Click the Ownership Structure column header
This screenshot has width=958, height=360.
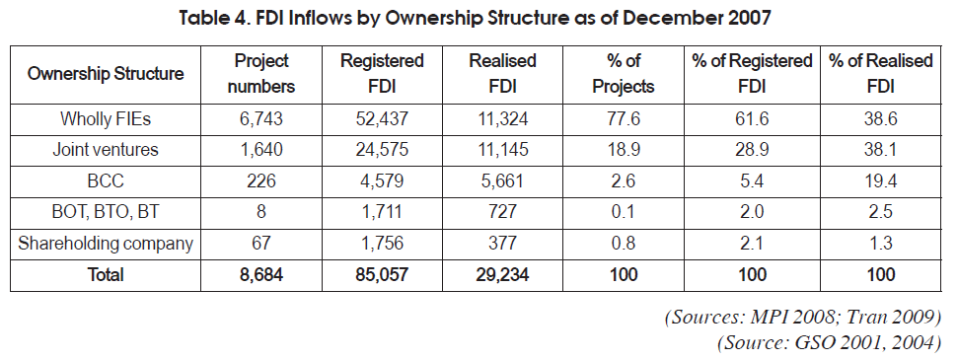[106, 75]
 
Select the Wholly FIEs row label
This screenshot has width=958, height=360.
[106, 119]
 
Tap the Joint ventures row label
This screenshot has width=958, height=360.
[106, 150]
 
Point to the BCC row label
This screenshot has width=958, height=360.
[106, 180]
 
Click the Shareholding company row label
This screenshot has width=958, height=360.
[106, 244]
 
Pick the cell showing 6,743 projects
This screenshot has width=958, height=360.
[260, 119]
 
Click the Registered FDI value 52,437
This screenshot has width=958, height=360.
[382, 119]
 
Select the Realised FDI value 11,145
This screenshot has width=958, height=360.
[502, 150]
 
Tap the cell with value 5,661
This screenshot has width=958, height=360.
[502, 180]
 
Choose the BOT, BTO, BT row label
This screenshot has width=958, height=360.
[106, 212]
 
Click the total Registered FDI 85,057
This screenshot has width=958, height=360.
[382, 274]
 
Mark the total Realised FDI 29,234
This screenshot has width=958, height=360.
[502, 274]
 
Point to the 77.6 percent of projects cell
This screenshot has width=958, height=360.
[624, 119]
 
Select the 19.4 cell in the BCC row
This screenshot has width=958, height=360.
[880, 180]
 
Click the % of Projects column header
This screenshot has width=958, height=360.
[624, 74]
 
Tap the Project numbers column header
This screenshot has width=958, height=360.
[260, 74]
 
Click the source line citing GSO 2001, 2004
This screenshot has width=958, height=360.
[829, 343]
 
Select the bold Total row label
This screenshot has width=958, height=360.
[106, 274]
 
